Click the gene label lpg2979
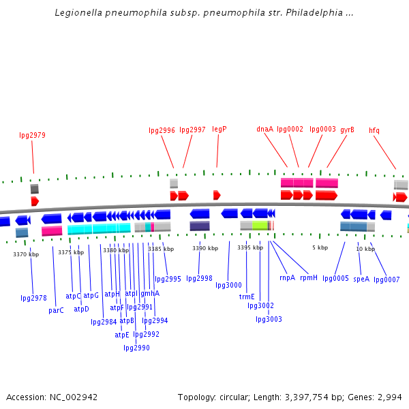pos(32,135)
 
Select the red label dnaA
pos(264,129)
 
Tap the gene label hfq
pos(374,130)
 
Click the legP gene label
pos(219,129)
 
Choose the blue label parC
pos(56,310)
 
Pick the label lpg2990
pos(136,348)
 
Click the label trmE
pos(247,297)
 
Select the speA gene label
pos(361,279)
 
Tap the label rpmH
pos(309,277)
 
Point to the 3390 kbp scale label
pos(204,248)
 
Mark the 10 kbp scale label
pos(365,249)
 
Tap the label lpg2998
pos(199,278)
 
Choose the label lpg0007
pos(387,279)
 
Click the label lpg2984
pos(104,322)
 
